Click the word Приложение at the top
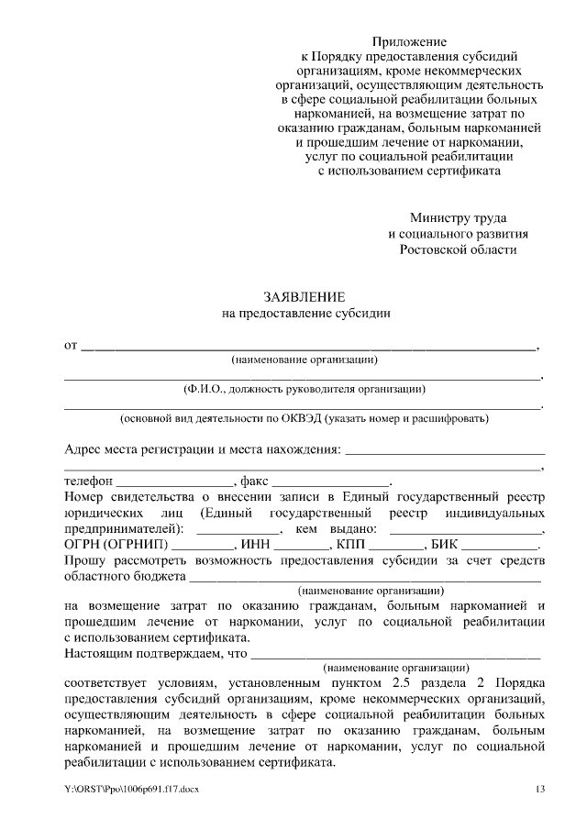point(409,42)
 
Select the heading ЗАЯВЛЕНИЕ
point(305,297)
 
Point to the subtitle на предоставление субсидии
point(305,313)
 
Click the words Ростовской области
point(458,249)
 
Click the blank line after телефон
point(175,481)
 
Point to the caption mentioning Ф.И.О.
point(305,388)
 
